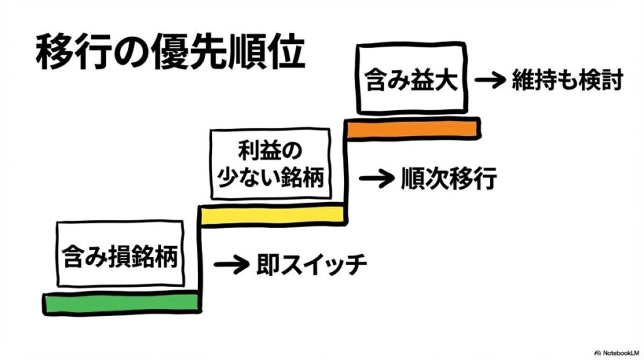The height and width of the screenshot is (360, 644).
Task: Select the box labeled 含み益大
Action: pyautogui.click(x=412, y=81)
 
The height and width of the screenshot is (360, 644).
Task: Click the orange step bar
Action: pyautogui.click(x=413, y=128)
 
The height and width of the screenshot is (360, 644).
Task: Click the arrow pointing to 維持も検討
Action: pyautogui.click(x=489, y=81)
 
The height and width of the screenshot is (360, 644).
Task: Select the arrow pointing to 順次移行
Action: pyautogui.click(x=375, y=178)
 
